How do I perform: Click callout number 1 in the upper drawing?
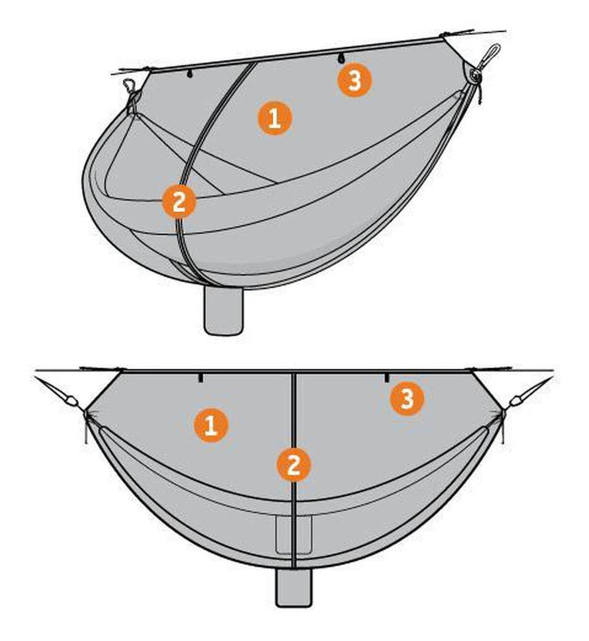click(x=274, y=119)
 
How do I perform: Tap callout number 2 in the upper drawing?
click(x=179, y=202)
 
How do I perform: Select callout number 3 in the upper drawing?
click(x=355, y=80)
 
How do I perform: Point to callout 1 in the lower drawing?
click(x=210, y=425)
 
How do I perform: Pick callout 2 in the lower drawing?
click(x=293, y=465)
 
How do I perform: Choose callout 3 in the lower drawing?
click(x=407, y=398)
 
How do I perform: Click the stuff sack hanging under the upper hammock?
click(x=224, y=310)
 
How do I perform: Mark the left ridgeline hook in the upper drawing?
click(x=189, y=74)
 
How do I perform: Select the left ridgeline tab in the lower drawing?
click(x=200, y=377)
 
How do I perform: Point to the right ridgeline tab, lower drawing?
click(x=386, y=377)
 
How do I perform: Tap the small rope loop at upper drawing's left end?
click(x=129, y=85)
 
